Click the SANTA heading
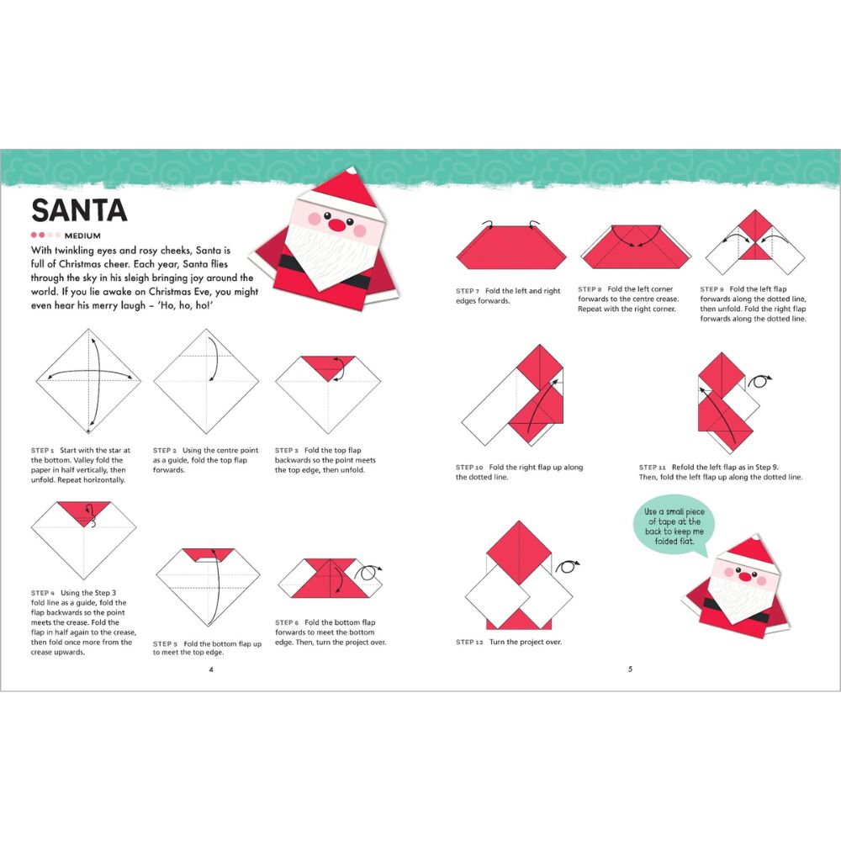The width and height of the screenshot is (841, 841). pyautogui.click(x=79, y=210)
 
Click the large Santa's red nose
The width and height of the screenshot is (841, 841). pyautogui.click(x=336, y=225)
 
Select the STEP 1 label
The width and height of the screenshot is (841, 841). pyautogui.click(x=43, y=450)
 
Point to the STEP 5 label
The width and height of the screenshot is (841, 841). pyautogui.click(x=165, y=643)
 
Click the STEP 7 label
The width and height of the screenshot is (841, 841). pyautogui.click(x=468, y=290)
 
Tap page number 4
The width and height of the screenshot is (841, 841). pyautogui.click(x=211, y=669)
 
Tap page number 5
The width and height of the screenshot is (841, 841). pyautogui.click(x=630, y=669)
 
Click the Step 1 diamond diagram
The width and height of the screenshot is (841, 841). pyautogui.click(x=88, y=380)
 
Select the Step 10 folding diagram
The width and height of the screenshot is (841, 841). pyautogui.click(x=513, y=395)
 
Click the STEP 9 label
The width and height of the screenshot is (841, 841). pyautogui.click(x=712, y=289)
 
